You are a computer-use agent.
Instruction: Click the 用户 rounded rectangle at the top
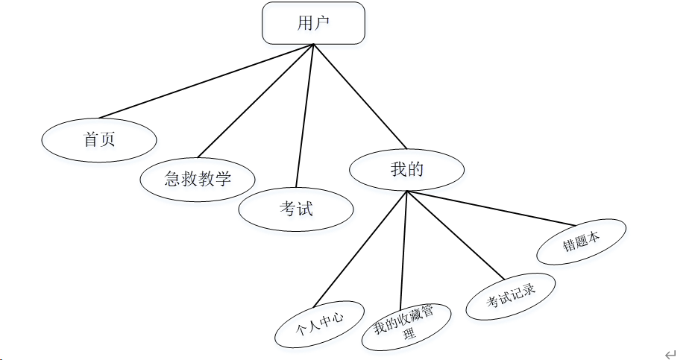pyautogui.click(x=313, y=22)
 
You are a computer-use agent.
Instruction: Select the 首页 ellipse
pyautogui.click(x=99, y=139)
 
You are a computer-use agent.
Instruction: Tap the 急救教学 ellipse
pyautogui.click(x=198, y=178)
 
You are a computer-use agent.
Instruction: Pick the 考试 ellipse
pyautogui.click(x=295, y=209)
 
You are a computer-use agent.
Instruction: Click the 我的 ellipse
pyautogui.click(x=406, y=169)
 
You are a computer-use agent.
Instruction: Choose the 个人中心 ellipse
pyautogui.click(x=319, y=325)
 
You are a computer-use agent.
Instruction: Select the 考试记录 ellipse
pyautogui.click(x=511, y=297)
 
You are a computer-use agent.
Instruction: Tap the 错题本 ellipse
pyautogui.click(x=582, y=241)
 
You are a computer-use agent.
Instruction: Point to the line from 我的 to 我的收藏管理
pyautogui.click(x=404, y=246)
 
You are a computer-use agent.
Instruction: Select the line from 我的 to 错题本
pyautogui.click(x=492, y=208)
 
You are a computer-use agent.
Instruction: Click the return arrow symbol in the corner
pyautogui.click(x=670, y=354)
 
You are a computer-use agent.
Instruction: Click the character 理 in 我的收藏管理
pyautogui.click(x=409, y=335)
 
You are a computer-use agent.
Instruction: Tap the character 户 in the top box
pyautogui.click(x=322, y=22)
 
